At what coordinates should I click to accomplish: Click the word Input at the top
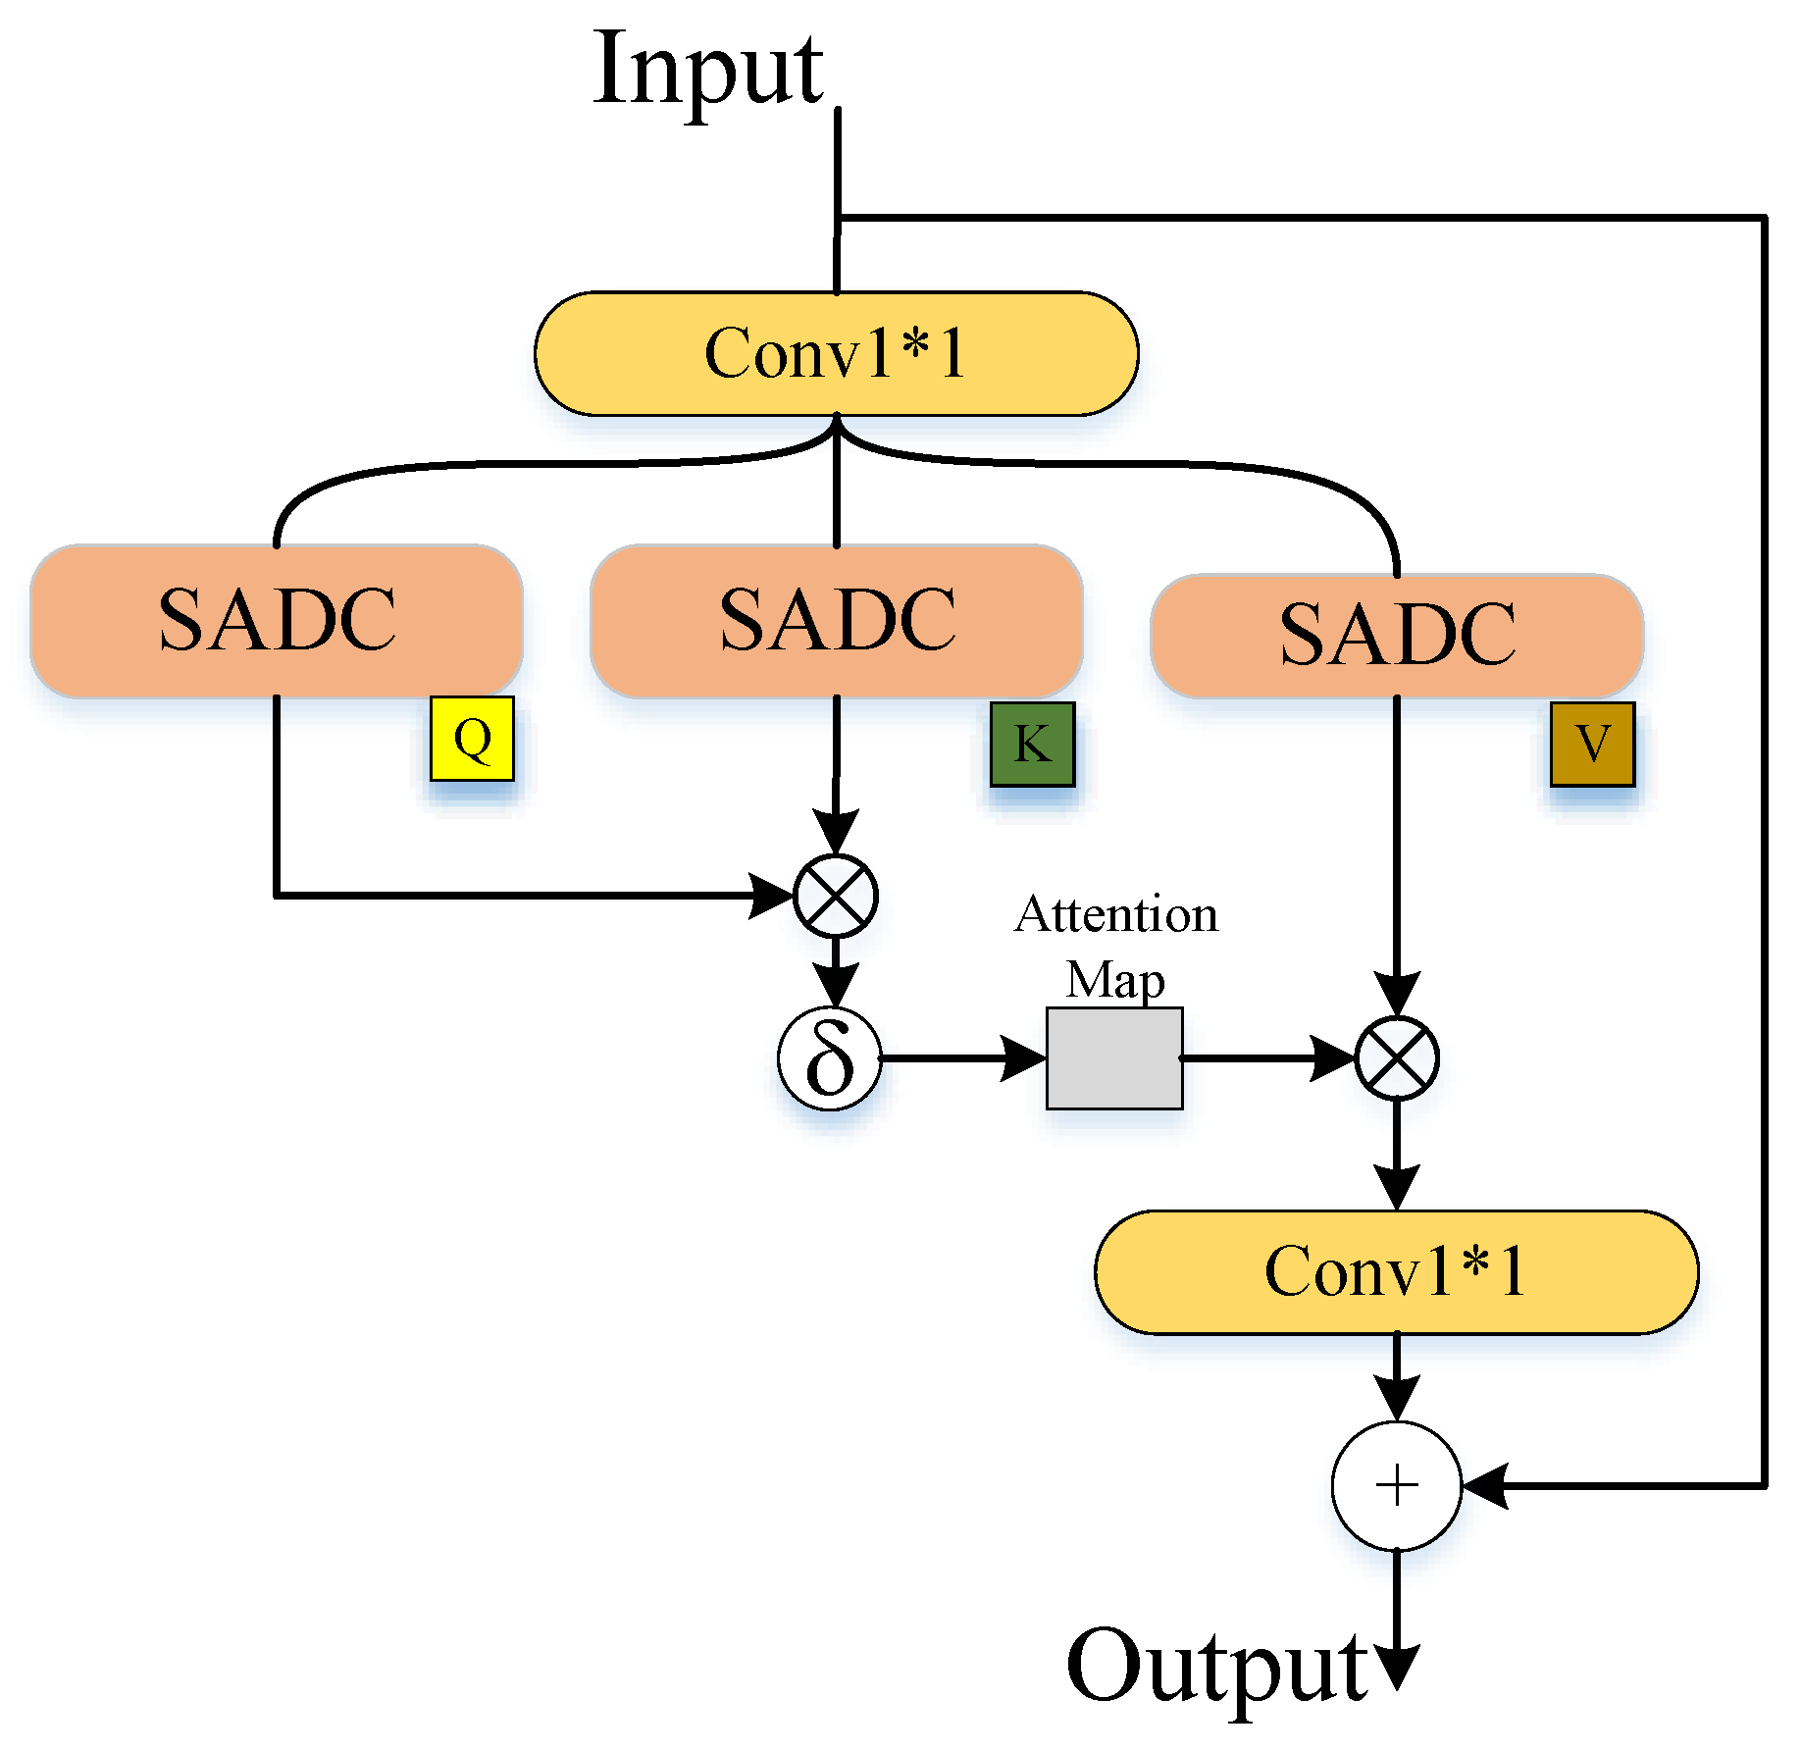(x=708, y=71)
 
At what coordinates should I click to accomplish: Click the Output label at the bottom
(x=1216, y=1667)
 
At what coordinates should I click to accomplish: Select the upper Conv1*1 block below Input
(x=836, y=353)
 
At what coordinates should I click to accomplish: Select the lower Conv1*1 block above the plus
(x=1396, y=1271)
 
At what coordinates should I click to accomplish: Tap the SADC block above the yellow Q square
(x=277, y=620)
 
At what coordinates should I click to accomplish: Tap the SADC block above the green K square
(x=837, y=620)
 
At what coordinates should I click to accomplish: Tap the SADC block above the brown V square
(x=1397, y=635)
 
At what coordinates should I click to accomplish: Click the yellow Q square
(x=472, y=739)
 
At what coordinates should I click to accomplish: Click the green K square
(x=1032, y=744)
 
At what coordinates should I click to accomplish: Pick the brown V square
(x=1592, y=744)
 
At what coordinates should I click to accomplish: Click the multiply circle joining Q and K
(x=835, y=896)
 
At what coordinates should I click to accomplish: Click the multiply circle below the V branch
(x=1397, y=1058)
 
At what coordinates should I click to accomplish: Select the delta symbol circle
(x=830, y=1059)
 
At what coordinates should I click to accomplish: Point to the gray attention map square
(x=1114, y=1058)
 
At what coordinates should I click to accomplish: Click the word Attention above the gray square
(x=1116, y=915)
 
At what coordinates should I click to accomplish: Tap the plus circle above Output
(x=1396, y=1485)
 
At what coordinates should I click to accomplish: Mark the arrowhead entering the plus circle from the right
(x=1483, y=1485)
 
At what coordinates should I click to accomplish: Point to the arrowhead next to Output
(x=1396, y=1668)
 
